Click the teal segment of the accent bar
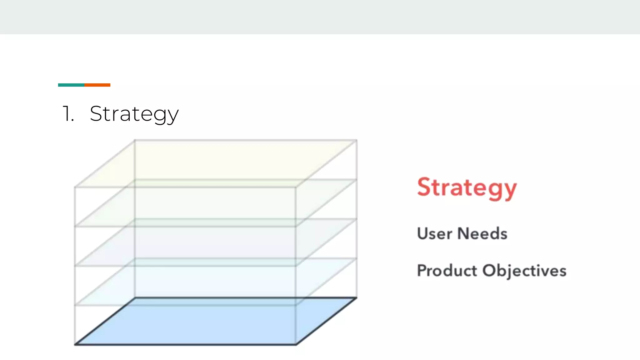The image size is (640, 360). click(71, 85)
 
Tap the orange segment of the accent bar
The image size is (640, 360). click(97, 85)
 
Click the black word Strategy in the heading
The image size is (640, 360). click(134, 114)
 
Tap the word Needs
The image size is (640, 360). click(482, 233)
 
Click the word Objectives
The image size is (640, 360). click(524, 271)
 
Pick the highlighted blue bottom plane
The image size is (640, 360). click(216, 322)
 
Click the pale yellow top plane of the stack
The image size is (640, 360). click(216, 162)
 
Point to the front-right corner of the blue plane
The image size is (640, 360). click(296, 344)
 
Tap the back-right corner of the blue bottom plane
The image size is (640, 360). click(356, 298)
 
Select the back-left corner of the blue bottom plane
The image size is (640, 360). click(135, 298)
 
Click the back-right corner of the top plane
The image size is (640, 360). click(357, 140)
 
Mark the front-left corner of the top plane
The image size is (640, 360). click(75, 187)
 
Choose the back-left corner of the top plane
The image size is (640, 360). click(135, 140)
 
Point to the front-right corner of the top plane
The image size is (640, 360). click(296, 187)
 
